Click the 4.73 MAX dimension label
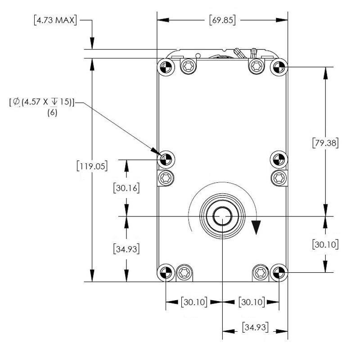click(55, 20)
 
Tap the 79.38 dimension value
click(325, 143)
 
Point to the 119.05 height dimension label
click(92, 166)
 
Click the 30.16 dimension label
click(126, 188)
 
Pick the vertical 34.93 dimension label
click(126, 248)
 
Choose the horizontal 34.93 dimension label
click(256, 327)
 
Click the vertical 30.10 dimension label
click(325, 244)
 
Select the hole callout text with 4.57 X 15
click(41, 102)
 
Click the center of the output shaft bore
click(222, 216)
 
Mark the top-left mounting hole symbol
click(165, 68)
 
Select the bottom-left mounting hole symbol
click(165, 272)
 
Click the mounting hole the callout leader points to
click(165, 158)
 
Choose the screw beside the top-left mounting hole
click(188, 67)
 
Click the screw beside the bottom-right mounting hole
click(260, 271)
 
